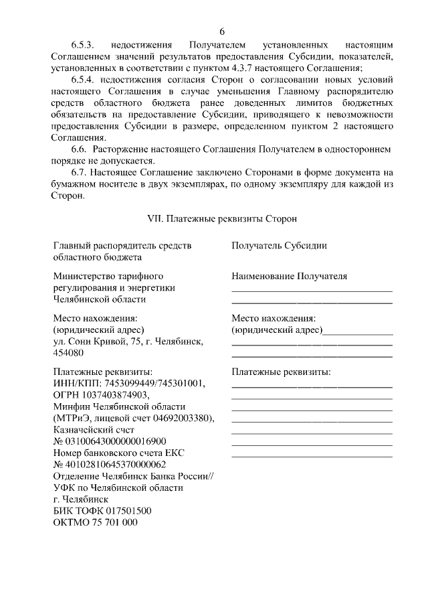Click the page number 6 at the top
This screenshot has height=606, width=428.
tap(222, 31)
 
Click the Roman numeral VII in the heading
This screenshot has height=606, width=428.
tap(155, 219)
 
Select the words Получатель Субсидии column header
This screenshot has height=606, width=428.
tap(279, 246)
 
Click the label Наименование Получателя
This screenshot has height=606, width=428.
tap(289, 276)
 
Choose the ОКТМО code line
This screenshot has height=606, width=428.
tap(95, 522)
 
